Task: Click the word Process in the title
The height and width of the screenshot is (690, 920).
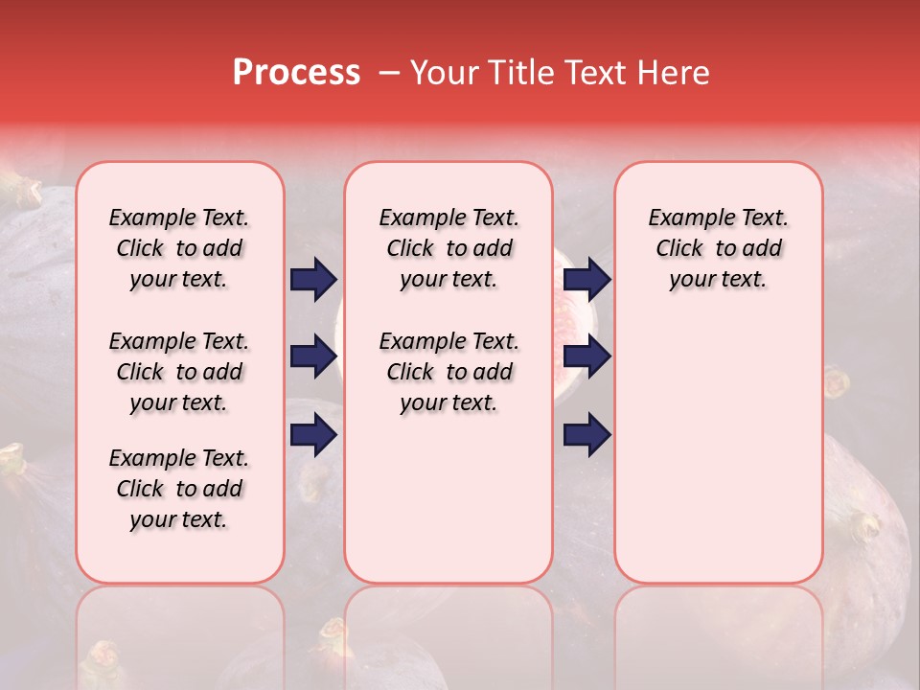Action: click(x=296, y=73)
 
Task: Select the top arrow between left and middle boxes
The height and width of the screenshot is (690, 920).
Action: click(x=313, y=280)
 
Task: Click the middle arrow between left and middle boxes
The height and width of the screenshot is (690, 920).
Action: click(x=313, y=356)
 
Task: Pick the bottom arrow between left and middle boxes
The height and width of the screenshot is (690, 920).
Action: click(x=313, y=434)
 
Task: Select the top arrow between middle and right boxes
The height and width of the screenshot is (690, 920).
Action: click(x=586, y=280)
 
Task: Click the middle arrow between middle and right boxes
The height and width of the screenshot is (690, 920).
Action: click(x=586, y=356)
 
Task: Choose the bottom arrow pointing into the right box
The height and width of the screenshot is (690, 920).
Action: click(x=586, y=434)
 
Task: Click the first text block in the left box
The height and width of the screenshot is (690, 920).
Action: click(x=179, y=248)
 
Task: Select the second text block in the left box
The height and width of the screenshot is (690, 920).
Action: click(x=179, y=372)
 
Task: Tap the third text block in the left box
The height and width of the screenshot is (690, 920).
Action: click(x=179, y=489)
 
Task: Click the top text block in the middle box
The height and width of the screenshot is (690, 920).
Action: click(x=448, y=248)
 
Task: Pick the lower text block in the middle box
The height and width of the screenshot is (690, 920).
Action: click(x=448, y=372)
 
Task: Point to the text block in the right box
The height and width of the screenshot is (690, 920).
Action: click(x=718, y=248)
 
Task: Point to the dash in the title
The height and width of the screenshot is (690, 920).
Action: click(x=388, y=74)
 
